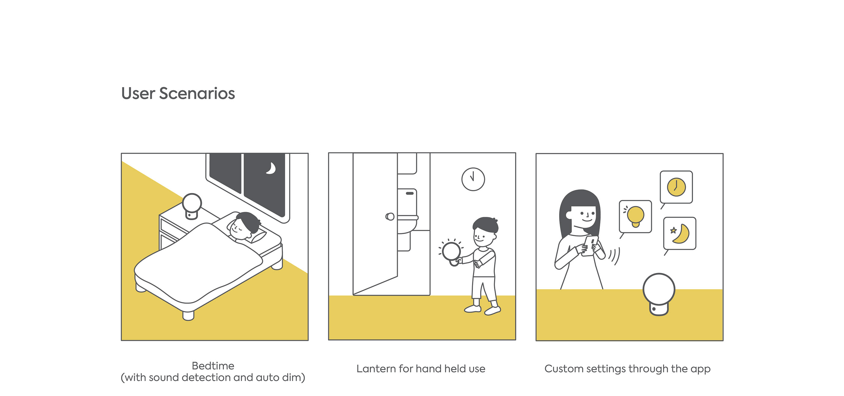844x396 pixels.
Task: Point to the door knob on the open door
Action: [x=390, y=216]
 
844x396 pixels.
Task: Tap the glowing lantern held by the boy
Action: [x=452, y=252]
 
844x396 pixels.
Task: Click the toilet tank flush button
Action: [x=410, y=193]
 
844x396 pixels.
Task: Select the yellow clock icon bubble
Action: [x=676, y=187]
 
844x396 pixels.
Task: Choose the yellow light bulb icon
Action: [x=636, y=216]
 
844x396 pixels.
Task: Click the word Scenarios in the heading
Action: [x=197, y=93]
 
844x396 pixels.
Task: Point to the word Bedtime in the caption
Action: [x=213, y=366]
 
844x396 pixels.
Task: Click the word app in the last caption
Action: [x=701, y=369]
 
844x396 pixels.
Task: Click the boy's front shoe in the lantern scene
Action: [x=493, y=310]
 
